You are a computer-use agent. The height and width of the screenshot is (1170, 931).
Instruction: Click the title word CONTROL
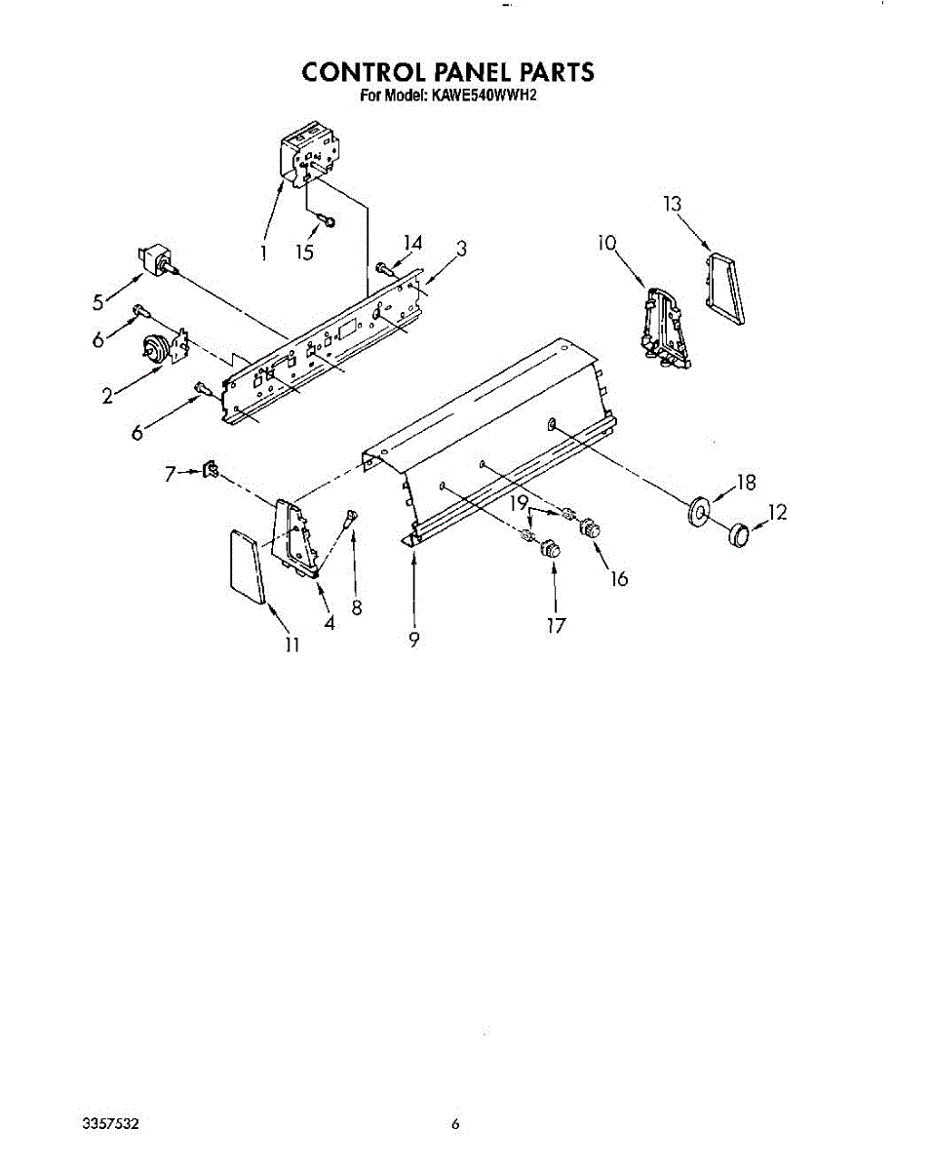click(347, 72)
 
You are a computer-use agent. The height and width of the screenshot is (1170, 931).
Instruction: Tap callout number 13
click(672, 204)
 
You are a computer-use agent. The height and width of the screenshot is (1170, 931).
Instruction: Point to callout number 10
click(607, 242)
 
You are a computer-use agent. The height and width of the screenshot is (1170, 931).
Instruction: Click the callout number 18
click(747, 481)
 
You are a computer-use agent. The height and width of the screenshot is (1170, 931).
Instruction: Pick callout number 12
click(777, 513)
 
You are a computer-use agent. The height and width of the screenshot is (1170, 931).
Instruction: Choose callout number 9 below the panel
click(414, 640)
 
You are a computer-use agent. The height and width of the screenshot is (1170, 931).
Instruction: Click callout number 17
click(556, 625)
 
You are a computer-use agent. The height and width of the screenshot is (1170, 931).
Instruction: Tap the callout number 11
click(291, 643)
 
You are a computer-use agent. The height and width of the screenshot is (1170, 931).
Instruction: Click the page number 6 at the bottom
click(455, 1124)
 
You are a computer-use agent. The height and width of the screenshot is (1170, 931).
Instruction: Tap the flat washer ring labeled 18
click(700, 511)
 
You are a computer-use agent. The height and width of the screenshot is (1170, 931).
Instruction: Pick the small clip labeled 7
click(210, 473)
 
